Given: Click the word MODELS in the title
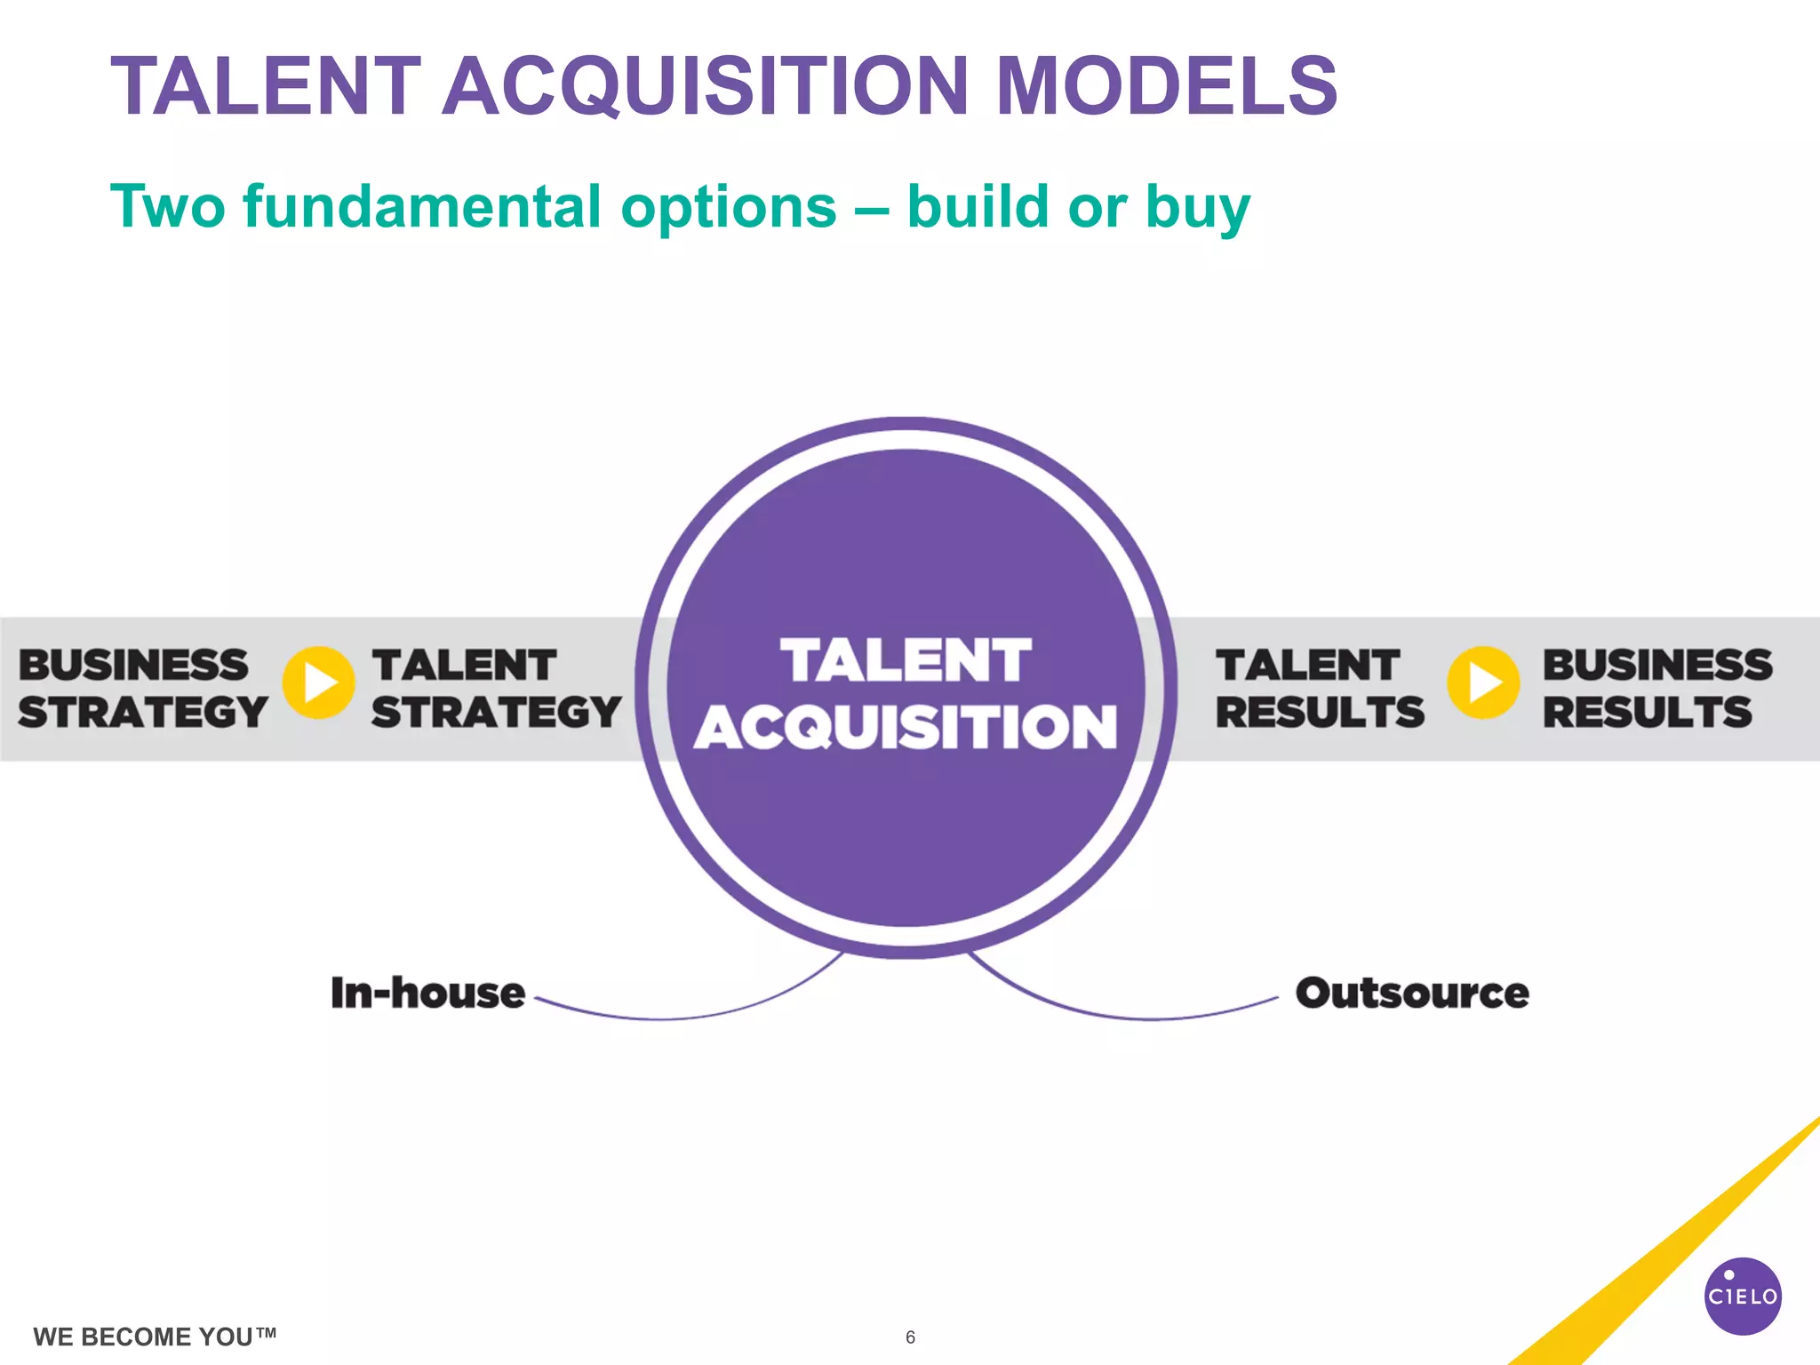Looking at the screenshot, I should coord(1167,86).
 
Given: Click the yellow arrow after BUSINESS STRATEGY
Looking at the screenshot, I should coord(318,682).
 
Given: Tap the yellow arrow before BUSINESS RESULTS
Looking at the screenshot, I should coord(1482,682).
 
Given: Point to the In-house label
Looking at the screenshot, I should coord(427,993).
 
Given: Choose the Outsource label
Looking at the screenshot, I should coord(1412,993).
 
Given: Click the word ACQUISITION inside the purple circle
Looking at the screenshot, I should coord(906,728).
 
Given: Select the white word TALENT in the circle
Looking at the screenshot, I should coord(906,661).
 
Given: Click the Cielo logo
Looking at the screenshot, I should coord(1743,1296).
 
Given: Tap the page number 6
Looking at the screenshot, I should coord(910,1337).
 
